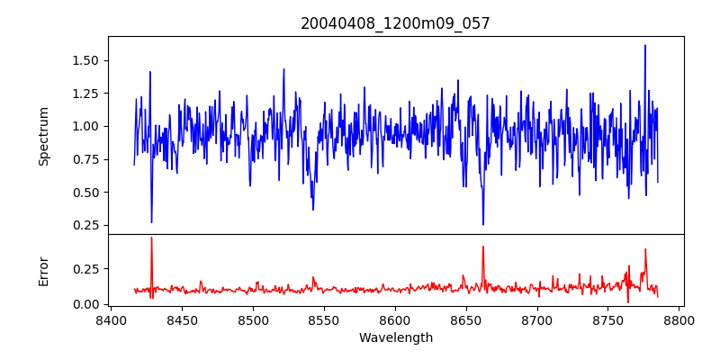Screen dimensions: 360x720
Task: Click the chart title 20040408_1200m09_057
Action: point(395,23)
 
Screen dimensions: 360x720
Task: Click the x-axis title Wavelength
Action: point(395,338)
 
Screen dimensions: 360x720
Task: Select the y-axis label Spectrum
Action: point(43,135)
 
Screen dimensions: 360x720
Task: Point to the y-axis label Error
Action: point(43,269)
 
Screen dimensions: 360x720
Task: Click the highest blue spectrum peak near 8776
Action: point(645,45)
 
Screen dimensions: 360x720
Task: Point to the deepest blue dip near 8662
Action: point(483,224)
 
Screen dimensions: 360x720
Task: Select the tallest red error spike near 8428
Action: point(151,238)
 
